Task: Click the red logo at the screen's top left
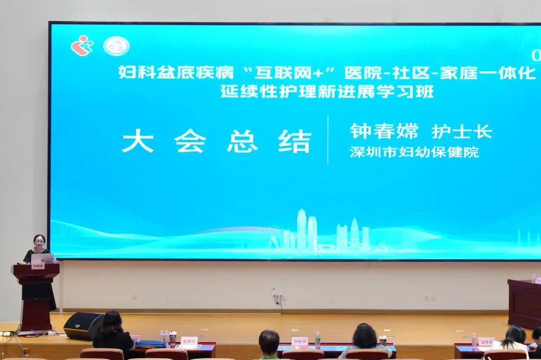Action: pyautogui.click(x=81, y=45)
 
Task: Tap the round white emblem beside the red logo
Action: pyautogui.click(x=116, y=46)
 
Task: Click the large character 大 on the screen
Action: pyautogui.click(x=137, y=141)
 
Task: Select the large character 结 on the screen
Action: pyautogui.click(x=295, y=141)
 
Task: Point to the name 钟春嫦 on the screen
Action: pyautogui.click(x=384, y=131)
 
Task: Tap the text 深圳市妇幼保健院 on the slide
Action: pyautogui.click(x=414, y=152)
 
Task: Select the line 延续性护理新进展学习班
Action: pyautogui.click(x=327, y=92)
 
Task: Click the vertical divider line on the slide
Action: pyautogui.click(x=328, y=140)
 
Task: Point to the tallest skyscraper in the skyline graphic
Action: pyautogui.click(x=301, y=228)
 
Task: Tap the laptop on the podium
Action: pyautogui.click(x=42, y=258)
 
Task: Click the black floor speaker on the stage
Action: pyautogui.click(x=83, y=325)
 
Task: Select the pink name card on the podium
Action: pyautogui.click(x=38, y=266)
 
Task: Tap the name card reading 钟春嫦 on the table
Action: pyautogui.click(x=300, y=341)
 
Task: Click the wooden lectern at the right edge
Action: pyautogui.click(x=524, y=303)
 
